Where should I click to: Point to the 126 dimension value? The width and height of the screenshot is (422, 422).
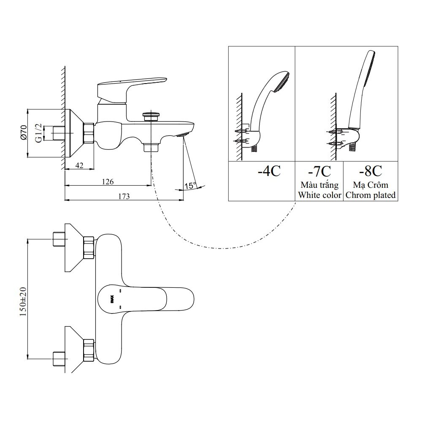[x=108, y=181]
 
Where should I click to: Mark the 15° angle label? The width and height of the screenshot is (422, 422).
[x=190, y=185]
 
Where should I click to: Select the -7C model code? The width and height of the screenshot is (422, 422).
[x=319, y=171]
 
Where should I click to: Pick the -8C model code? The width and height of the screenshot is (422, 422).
[x=370, y=171]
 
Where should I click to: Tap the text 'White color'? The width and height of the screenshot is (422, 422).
[x=319, y=195]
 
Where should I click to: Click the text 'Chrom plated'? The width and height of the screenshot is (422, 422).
[x=370, y=195]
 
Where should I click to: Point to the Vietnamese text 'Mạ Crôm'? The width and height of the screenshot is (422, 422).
[x=370, y=185]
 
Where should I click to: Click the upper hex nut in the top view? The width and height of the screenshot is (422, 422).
[x=89, y=247]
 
